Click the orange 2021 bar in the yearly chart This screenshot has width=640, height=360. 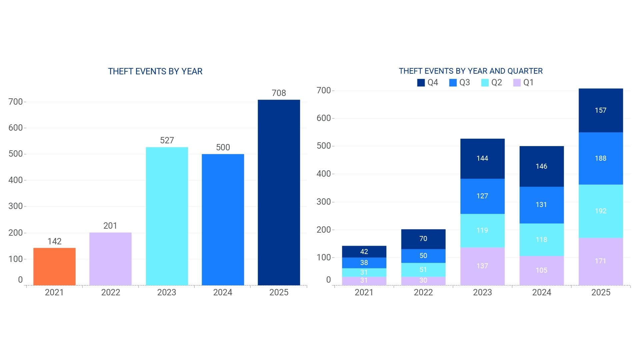pyautogui.click(x=54, y=266)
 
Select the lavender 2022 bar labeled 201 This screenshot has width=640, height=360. pyautogui.click(x=110, y=259)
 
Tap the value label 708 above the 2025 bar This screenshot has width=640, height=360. pyautogui.click(x=279, y=93)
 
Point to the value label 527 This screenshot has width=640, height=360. pyautogui.click(x=167, y=140)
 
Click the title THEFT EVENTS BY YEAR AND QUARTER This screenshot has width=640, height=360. pyautogui.click(x=471, y=71)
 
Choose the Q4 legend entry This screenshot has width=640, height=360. pyautogui.click(x=428, y=82)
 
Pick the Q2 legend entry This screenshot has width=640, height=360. pyautogui.click(x=491, y=82)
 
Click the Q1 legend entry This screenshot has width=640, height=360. pyautogui.click(x=523, y=82)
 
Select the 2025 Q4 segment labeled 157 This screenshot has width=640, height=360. pyautogui.click(x=601, y=110)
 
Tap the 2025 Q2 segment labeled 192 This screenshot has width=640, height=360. pyautogui.click(x=601, y=211)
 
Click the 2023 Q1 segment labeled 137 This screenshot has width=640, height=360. pyautogui.click(x=482, y=266)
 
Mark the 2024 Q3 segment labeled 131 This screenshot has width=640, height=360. pyautogui.click(x=542, y=205)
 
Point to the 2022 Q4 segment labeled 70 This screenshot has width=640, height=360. pyautogui.click(x=423, y=239)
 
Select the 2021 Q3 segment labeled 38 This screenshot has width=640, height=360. pyautogui.click(x=364, y=263)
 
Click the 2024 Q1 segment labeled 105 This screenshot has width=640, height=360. pyautogui.click(x=542, y=270)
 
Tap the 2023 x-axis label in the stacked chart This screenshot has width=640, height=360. pyautogui.click(x=482, y=292)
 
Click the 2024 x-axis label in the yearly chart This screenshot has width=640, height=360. pyautogui.click(x=223, y=292)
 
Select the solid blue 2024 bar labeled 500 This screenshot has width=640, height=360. pyautogui.click(x=223, y=220)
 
